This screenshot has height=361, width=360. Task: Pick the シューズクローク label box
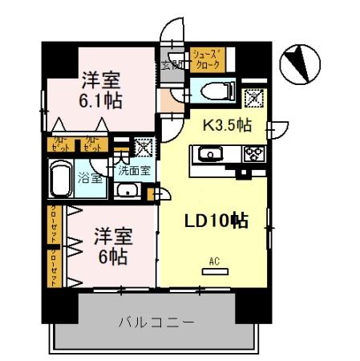point(208,61)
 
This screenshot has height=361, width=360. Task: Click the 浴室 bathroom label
point(90,178)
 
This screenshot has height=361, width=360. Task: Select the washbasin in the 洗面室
point(127,191)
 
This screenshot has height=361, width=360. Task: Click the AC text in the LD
point(213,261)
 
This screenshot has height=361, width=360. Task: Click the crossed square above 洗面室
point(143,147)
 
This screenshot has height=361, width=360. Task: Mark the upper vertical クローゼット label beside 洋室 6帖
point(54,226)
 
